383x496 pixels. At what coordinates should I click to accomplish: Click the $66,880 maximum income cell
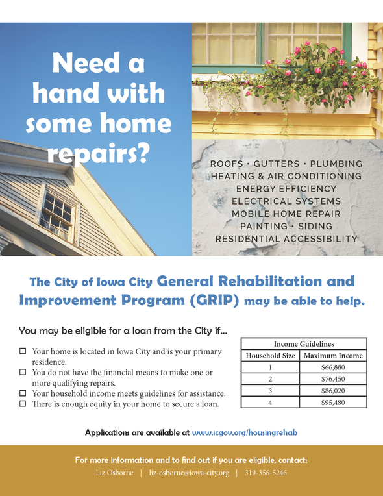tap(333, 367)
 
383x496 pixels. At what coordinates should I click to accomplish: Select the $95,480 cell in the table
tap(333, 403)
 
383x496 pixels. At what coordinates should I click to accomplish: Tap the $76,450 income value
tap(333, 379)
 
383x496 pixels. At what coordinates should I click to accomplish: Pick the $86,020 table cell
tap(333, 391)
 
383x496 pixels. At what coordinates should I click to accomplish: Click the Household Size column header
tap(270, 356)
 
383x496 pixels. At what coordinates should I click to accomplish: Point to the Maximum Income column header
tap(333, 356)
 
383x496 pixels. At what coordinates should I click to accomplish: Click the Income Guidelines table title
tap(304, 344)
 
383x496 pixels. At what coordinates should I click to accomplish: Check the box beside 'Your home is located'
tap(23, 351)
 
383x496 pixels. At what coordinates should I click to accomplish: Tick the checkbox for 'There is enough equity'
tap(23, 404)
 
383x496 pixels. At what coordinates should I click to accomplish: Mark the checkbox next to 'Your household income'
tap(23, 393)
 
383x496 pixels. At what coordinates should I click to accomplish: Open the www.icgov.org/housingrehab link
tap(245, 432)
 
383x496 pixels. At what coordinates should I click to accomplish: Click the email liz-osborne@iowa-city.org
tap(189, 473)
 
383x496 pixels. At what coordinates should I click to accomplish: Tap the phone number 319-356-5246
tap(266, 473)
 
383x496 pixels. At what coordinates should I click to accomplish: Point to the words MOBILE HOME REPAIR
tap(286, 214)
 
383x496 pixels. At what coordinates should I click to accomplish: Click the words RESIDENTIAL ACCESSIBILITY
tap(286, 239)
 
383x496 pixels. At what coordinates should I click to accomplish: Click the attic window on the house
tap(57, 214)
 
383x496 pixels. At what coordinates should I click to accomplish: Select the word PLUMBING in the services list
tap(336, 164)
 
